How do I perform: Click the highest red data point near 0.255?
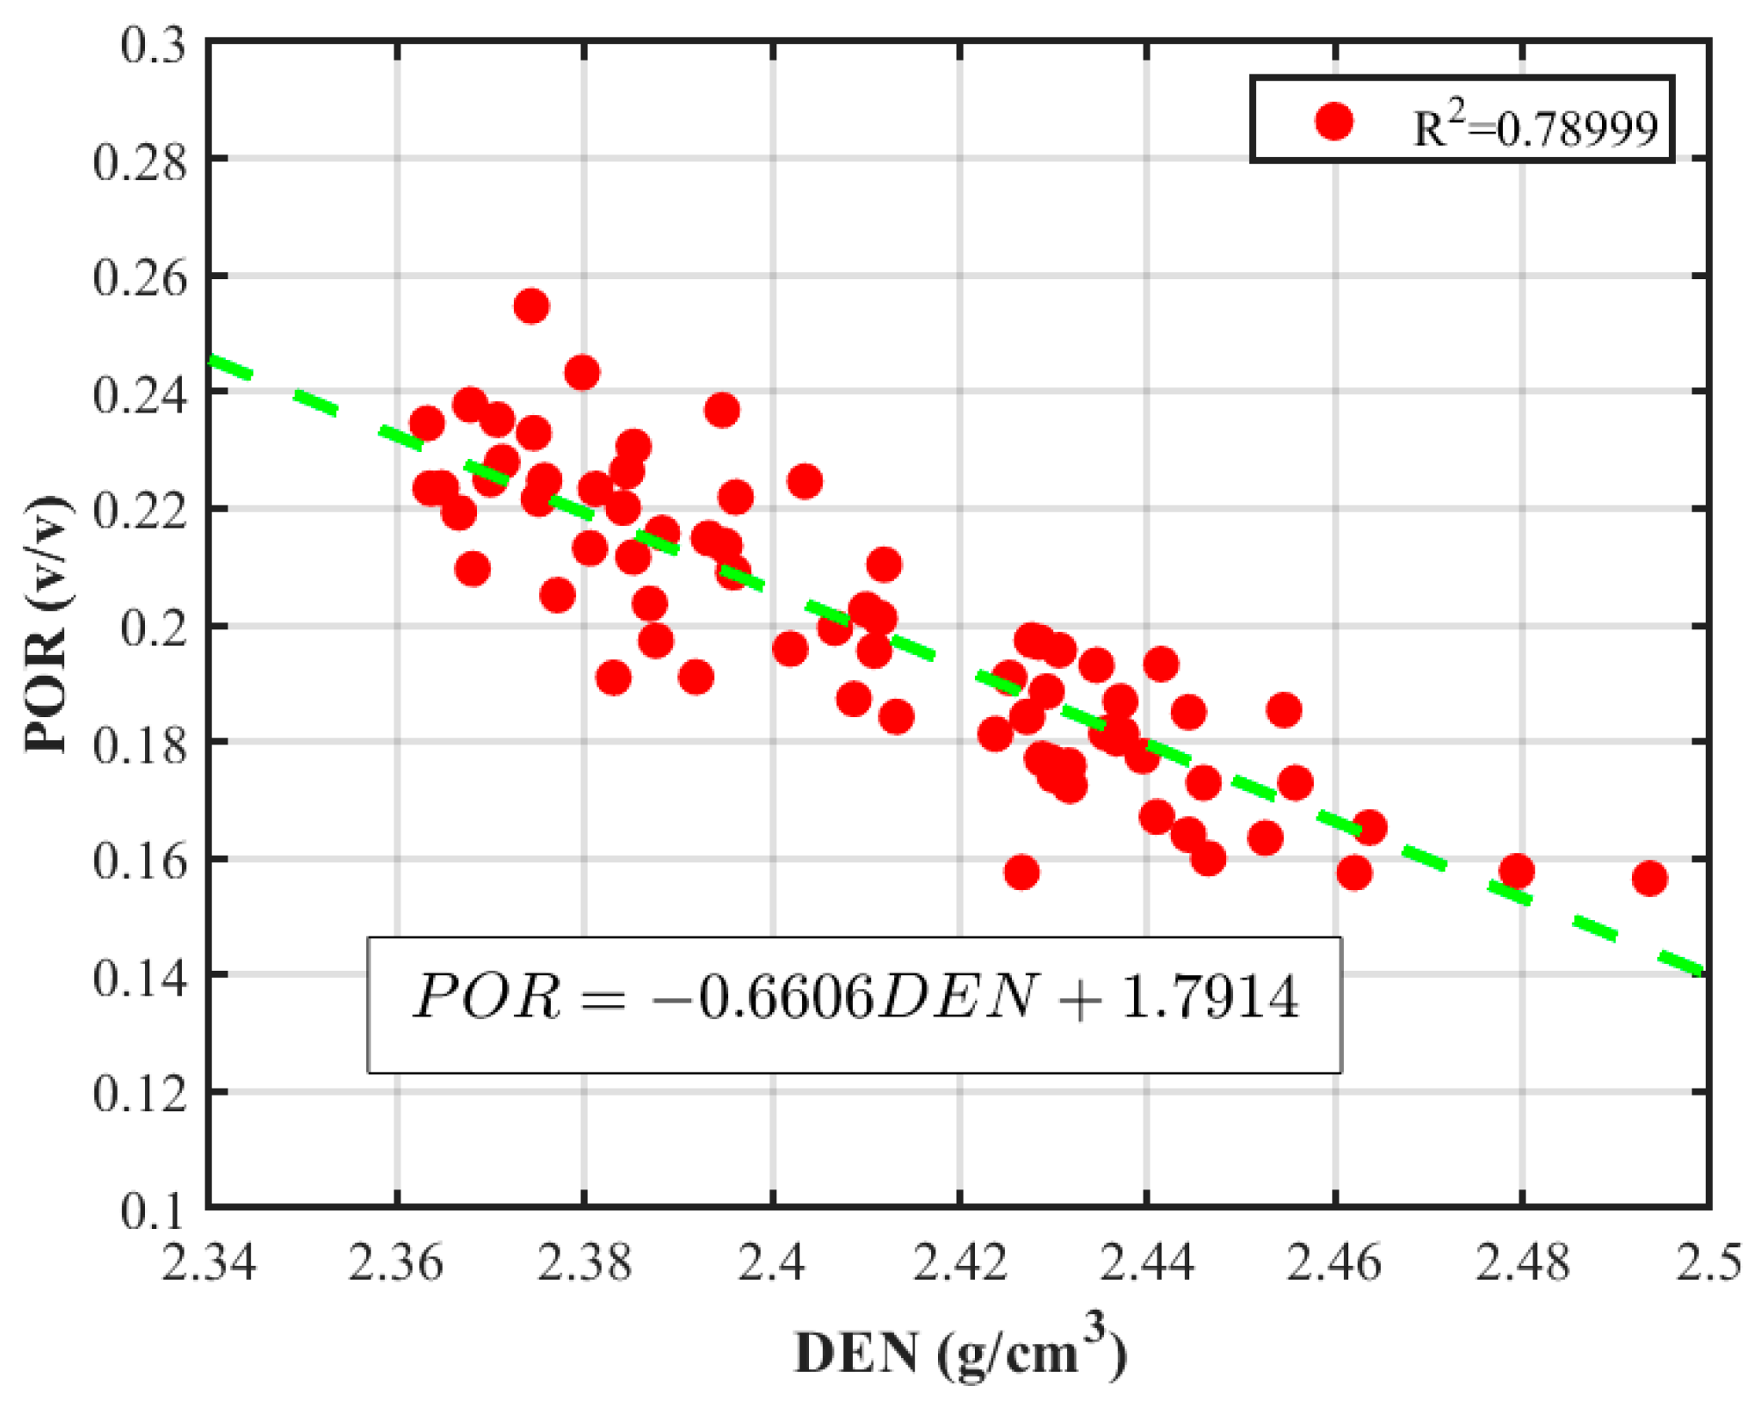[531, 306]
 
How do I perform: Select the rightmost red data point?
[1649, 878]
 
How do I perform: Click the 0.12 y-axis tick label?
[141, 1094]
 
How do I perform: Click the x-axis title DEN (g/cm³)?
[960, 1353]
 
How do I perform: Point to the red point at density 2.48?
[1517, 872]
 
